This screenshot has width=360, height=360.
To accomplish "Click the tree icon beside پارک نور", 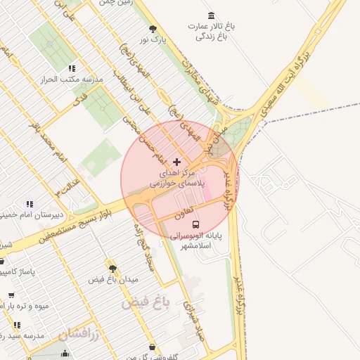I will click(x=153, y=29).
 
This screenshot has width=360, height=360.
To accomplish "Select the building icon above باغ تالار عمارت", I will click(x=212, y=15).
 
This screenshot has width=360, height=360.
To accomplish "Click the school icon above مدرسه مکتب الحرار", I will click(x=71, y=68).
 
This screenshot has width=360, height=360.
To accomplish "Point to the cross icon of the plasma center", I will click(x=176, y=162).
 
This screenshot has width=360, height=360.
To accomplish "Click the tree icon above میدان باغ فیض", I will click(x=112, y=268).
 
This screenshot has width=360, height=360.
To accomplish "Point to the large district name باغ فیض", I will click(x=146, y=303).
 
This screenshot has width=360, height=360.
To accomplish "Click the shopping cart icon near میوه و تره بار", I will click(x=11, y=295).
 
